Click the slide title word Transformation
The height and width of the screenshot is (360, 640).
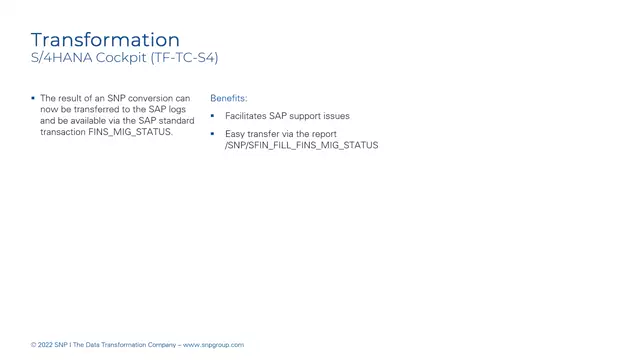[x=105, y=39]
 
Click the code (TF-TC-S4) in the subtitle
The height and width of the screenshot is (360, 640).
[x=184, y=58]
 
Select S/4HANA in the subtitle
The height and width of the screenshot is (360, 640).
[x=62, y=58]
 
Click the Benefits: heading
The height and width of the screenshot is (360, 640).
[x=229, y=98]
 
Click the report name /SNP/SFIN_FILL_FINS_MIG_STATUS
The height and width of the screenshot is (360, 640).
[x=301, y=145]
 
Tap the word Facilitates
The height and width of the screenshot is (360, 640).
[x=246, y=116]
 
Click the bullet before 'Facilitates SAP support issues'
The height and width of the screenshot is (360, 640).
[x=213, y=116]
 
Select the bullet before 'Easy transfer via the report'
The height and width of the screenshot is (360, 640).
[x=213, y=134]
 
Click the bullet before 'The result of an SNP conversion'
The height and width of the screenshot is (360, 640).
[x=33, y=98]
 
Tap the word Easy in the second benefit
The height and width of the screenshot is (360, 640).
[x=234, y=134]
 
